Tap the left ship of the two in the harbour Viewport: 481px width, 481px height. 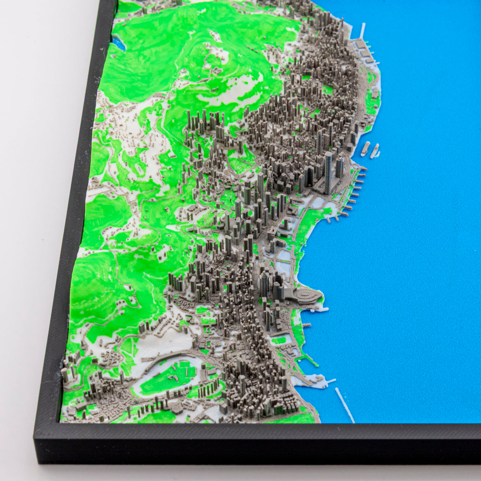pos(365,148)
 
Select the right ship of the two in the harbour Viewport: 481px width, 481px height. pos(375,151)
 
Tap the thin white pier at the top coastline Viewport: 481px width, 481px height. pos(362,31)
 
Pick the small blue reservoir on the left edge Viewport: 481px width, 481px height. pos(119,44)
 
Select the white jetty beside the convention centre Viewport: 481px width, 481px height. pos(324,309)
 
